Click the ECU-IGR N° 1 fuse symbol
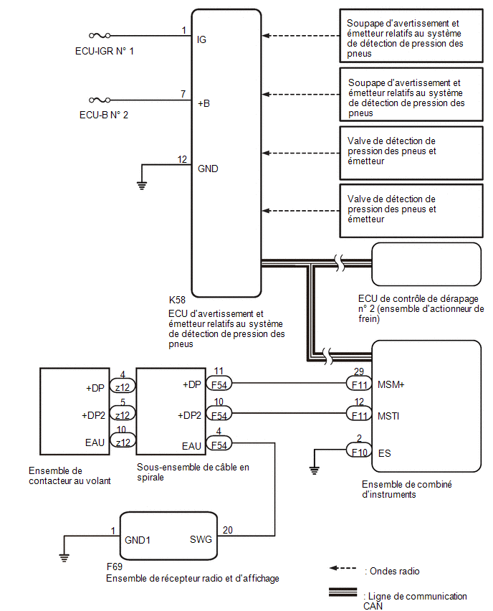tap(100, 35)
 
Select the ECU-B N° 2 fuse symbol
tap(100, 100)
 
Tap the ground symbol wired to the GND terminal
tap(142, 186)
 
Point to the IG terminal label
tap(201, 39)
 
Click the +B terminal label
tap(204, 104)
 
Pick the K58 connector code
tap(177, 300)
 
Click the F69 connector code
tap(115, 567)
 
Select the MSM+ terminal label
tap(391, 384)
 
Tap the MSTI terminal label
tap(388, 416)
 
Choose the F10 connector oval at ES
tap(359, 452)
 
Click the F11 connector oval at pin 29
tap(359, 384)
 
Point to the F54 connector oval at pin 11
tap(219, 384)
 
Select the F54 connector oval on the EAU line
tap(219, 445)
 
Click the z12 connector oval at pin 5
tap(123, 415)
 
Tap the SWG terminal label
tap(201, 540)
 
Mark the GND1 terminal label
tap(138, 540)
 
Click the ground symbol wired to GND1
tap(64, 558)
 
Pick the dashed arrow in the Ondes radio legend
tap(343, 568)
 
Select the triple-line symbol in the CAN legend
tap(343, 592)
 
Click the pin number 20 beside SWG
tap(227, 530)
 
